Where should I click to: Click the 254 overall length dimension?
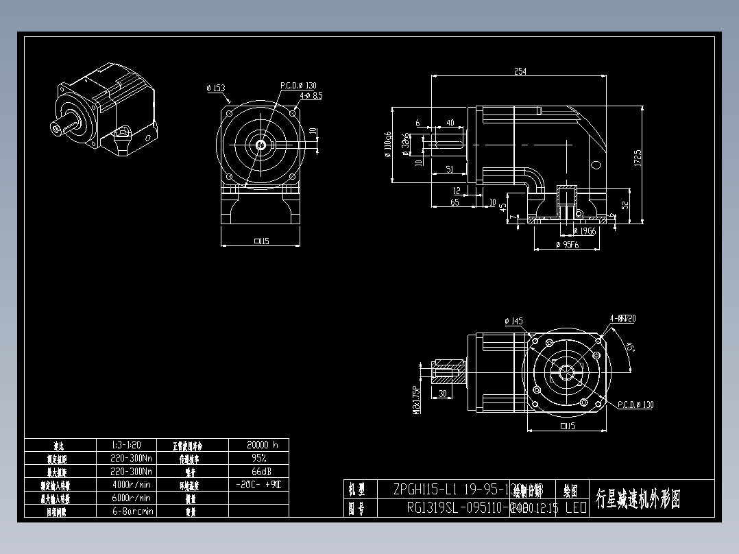[520, 72]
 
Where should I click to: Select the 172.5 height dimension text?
[638, 158]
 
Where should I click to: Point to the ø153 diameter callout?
[215, 88]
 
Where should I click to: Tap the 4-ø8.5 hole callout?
[311, 96]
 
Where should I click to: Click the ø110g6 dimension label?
[388, 144]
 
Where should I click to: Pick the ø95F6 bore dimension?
[567, 245]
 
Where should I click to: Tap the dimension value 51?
[448, 169]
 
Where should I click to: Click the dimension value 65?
[454, 203]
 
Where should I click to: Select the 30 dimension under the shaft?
[443, 394]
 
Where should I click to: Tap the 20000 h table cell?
[258, 444]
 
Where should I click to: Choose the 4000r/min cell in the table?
[132, 485]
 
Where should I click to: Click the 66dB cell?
[258, 472]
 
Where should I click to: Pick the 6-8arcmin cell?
[132, 511]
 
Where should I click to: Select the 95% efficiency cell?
[258, 458]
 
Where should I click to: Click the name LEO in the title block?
[576, 508]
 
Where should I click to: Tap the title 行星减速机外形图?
[639, 499]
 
